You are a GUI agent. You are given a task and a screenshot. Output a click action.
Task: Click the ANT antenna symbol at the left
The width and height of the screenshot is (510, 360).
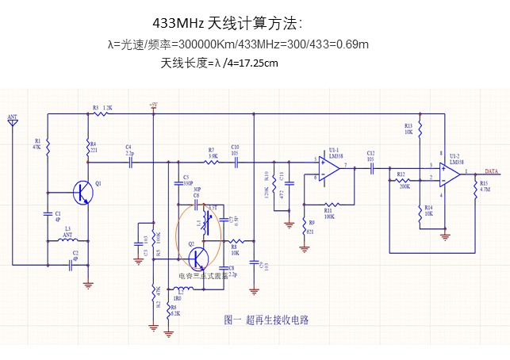click(x=13, y=124)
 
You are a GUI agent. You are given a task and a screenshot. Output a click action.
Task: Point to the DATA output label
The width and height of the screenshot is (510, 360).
click(x=492, y=171)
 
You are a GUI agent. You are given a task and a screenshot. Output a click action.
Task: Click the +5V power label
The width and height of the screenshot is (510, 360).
click(x=153, y=105)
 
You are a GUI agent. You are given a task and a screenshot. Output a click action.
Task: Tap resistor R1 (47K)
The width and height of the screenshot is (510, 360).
click(x=47, y=146)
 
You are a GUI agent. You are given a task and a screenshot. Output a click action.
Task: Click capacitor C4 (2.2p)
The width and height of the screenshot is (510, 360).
click(x=130, y=159)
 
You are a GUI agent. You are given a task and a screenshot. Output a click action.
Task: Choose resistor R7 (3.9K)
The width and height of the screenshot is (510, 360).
click(x=212, y=159)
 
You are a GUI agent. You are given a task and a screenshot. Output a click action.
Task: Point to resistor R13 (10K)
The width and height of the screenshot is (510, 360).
click(x=420, y=128)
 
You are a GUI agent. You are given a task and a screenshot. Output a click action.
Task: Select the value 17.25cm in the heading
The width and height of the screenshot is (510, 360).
click(x=258, y=62)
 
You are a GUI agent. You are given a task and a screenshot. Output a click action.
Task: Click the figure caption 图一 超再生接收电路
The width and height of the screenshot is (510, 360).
click(x=266, y=320)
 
